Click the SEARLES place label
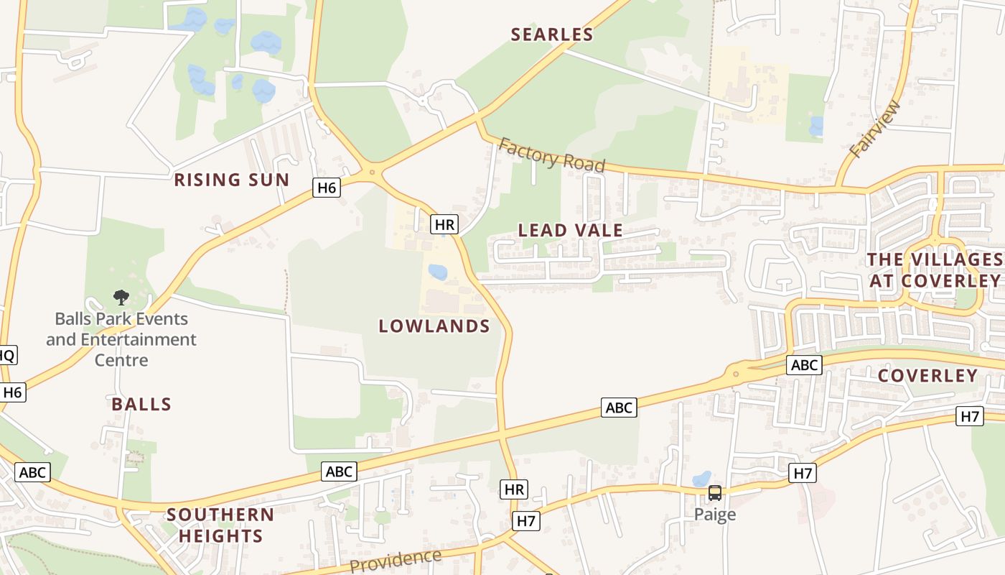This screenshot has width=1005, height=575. (552, 34)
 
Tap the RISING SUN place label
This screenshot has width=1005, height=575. (231, 180)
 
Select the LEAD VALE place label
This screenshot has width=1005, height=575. (571, 230)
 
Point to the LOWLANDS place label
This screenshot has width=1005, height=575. (434, 326)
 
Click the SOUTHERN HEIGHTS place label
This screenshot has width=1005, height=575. (220, 525)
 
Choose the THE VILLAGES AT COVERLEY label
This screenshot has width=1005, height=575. (935, 270)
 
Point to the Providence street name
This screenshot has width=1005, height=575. (396, 560)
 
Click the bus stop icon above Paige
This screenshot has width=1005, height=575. (715, 493)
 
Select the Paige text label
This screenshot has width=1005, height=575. (715, 515)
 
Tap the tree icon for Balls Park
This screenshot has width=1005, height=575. (121, 297)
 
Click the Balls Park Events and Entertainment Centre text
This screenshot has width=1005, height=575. (121, 339)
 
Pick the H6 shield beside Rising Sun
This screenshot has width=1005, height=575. (327, 188)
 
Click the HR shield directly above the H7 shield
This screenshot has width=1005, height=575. (514, 490)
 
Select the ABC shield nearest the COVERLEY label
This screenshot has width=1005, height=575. (803, 365)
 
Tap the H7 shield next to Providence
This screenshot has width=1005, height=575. (526, 521)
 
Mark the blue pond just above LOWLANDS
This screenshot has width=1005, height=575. (437, 272)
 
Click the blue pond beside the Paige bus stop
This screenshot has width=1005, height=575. (701, 479)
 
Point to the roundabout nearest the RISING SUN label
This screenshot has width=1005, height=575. (372, 172)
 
